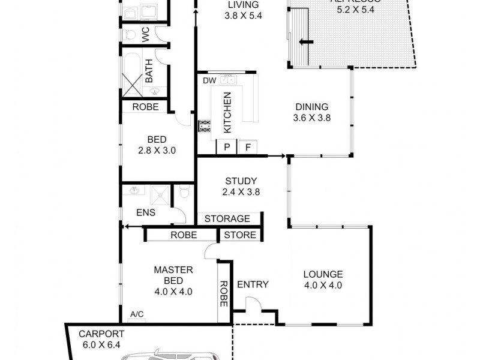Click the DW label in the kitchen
tap(209, 80)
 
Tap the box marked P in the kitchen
tap(227, 147)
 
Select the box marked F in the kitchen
tap(247, 147)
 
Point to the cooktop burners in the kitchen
tap(205, 126)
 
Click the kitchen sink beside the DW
tap(227, 79)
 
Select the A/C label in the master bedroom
tap(137, 314)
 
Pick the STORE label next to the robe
tap(240, 235)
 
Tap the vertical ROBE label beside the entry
tap(223, 294)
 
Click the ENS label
tap(146, 212)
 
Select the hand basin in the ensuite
tap(133, 191)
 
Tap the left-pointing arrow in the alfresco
tap(307, 41)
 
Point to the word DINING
tap(311, 107)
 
